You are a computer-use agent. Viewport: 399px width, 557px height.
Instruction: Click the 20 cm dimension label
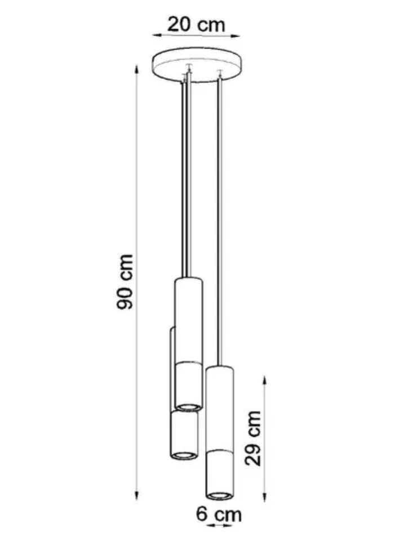point(196,25)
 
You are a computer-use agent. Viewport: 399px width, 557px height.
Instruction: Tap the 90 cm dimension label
point(125,281)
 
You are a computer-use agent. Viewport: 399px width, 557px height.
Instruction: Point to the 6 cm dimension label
point(219,514)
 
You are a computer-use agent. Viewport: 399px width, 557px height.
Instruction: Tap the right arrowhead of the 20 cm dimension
point(236,35)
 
